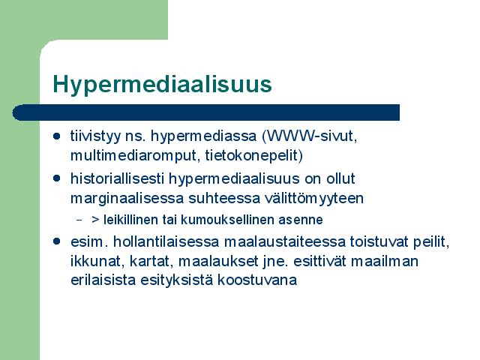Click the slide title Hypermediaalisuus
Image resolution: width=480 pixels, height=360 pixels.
click(x=162, y=85)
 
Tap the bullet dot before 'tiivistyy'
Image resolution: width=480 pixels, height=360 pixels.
click(x=57, y=136)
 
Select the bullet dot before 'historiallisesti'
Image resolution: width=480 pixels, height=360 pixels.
click(x=57, y=178)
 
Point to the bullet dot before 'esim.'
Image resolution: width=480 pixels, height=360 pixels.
click(x=57, y=241)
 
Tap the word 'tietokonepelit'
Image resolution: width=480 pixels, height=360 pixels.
click(x=252, y=155)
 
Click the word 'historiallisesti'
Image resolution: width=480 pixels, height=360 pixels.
click(x=118, y=178)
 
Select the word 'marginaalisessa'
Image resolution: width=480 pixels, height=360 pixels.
click(x=127, y=198)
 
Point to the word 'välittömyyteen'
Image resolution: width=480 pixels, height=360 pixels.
click(x=314, y=198)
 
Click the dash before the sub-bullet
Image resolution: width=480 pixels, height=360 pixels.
click(x=79, y=220)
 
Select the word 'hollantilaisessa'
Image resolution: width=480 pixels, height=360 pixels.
click(x=166, y=241)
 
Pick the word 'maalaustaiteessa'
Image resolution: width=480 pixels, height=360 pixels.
click(x=285, y=241)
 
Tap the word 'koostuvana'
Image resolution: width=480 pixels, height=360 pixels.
click(x=257, y=280)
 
